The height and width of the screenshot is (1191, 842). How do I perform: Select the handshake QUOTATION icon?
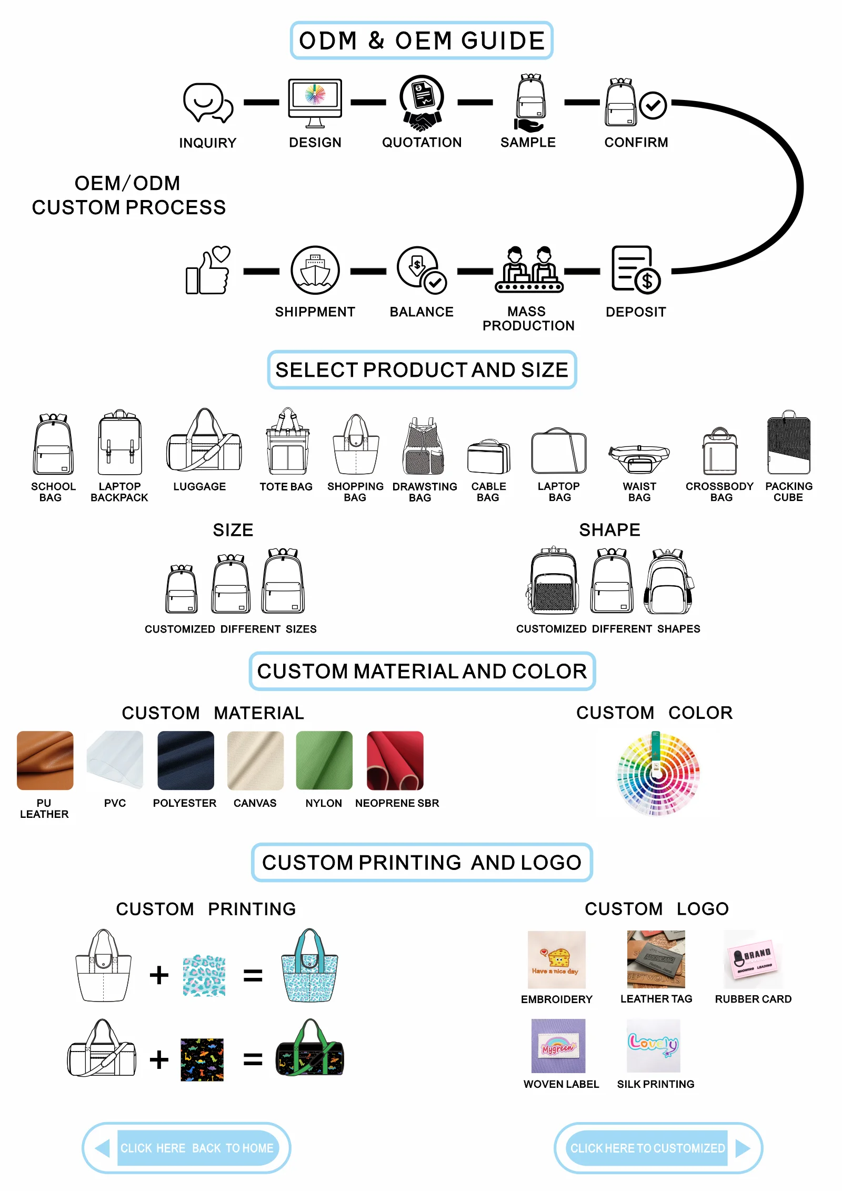pyautogui.click(x=422, y=103)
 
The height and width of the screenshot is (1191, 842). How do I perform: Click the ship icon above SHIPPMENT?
pyautogui.click(x=315, y=270)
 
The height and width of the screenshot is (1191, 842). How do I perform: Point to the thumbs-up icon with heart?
pyautogui.click(x=208, y=270)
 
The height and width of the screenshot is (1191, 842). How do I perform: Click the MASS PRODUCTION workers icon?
pyautogui.click(x=528, y=270)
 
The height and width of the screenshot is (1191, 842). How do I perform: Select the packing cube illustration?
pyautogui.click(x=788, y=443)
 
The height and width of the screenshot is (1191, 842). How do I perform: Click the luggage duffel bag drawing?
pyautogui.click(x=204, y=442)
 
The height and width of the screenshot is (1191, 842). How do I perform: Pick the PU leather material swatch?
pyautogui.click(x=45, y=760)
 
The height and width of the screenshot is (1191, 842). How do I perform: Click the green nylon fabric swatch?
pyautogui.click(x=324, y=760)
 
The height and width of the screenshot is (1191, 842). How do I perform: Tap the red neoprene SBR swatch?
pyautogui.click(x=395, y=760)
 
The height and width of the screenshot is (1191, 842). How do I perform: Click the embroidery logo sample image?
pyautogui.click(x=556, y=959)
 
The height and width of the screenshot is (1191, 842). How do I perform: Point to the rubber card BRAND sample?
pyautogui.click(x=753, y=959)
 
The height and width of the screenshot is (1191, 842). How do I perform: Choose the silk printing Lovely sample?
pyautogui.click(x=654, y=1045)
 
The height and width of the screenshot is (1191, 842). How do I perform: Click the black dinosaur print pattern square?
pyautogui.click(x=202, y=1059)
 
